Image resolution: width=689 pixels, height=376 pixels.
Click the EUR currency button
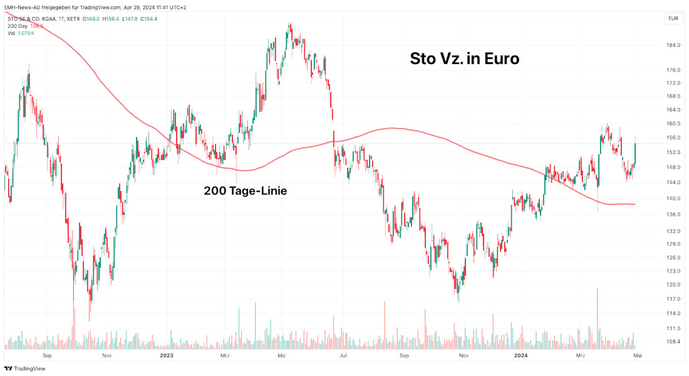pyautogui.click(x=673, y=19)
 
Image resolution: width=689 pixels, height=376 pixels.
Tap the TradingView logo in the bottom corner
pyautogui.click(x=24, y=368)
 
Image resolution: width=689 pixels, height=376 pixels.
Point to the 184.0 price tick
pyautogui.click(x=673, y=45)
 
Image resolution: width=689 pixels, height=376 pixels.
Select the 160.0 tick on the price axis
pyautogui.click(x=673, y=123)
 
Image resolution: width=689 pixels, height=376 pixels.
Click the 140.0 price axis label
pyautogui.click(x=673, y=199)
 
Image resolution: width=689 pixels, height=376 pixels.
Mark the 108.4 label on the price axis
pyautogui.click(x=673, y=342)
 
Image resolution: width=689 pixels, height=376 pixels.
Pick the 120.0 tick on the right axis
pyautogui.click(x=673, y=285)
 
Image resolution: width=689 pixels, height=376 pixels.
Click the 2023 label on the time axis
pyautogui.click(x=166, y=355)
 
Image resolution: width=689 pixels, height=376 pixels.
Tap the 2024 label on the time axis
pyautogui.click(x=521, y=355)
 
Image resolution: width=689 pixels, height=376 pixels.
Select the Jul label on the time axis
pyautogui.click(x=343, y=355)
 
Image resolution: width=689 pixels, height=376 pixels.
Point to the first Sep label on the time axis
pyautogui.click(x=46, y=355)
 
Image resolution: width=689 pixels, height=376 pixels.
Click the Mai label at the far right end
pyautogui.click(x=638, y=355)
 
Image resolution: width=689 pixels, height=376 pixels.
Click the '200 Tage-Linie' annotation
pyautogui.click(x=245, y=191)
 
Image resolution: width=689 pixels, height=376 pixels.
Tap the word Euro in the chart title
pyautogui.click(x=499, y=59)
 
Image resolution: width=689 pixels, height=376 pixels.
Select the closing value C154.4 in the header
pyautogui.click(x=148, y=19)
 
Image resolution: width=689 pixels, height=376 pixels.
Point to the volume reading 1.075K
pyautogui.click(x=26, y=33)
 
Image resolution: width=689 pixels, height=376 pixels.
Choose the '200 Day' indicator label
pyautogui.click(x=17, y=26)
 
